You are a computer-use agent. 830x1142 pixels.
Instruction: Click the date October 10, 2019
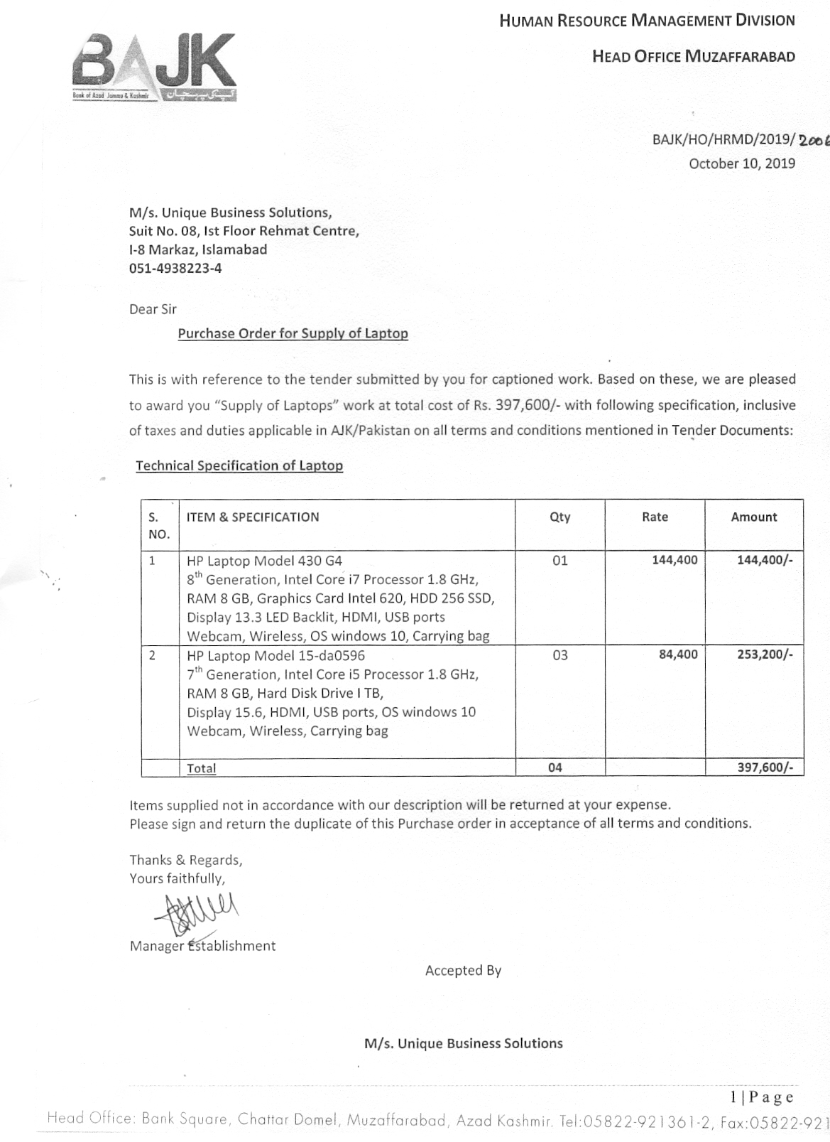(742, 163)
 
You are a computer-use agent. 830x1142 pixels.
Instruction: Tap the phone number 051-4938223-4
(175, 269)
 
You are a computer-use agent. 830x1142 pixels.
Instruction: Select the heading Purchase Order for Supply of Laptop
(293, 333)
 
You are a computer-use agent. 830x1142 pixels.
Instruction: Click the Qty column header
(559, 517)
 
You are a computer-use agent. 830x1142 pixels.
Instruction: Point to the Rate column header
(655, 517)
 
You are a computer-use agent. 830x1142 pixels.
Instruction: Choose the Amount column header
(754, 517)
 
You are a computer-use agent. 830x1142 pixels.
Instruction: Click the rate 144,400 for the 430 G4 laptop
(675, 560)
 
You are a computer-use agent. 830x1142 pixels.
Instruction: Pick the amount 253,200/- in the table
(765, 655)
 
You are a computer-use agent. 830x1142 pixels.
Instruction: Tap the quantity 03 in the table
(559, 655)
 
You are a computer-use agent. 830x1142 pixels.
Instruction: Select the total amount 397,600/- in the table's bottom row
(765, 767)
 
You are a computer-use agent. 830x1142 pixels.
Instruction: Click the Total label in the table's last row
(202, 768)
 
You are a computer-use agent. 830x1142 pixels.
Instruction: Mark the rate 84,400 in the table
(678, 655)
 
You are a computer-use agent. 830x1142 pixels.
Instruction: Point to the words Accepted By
(463, 971)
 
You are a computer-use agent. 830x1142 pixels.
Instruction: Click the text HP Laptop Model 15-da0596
(275, 655)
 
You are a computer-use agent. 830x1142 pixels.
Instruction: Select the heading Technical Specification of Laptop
(239, 465)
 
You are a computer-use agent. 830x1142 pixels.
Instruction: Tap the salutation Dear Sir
(153, 309)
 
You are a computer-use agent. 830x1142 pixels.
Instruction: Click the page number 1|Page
(762, 1097)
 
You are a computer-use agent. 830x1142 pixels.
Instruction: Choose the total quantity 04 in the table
(555, 767)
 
